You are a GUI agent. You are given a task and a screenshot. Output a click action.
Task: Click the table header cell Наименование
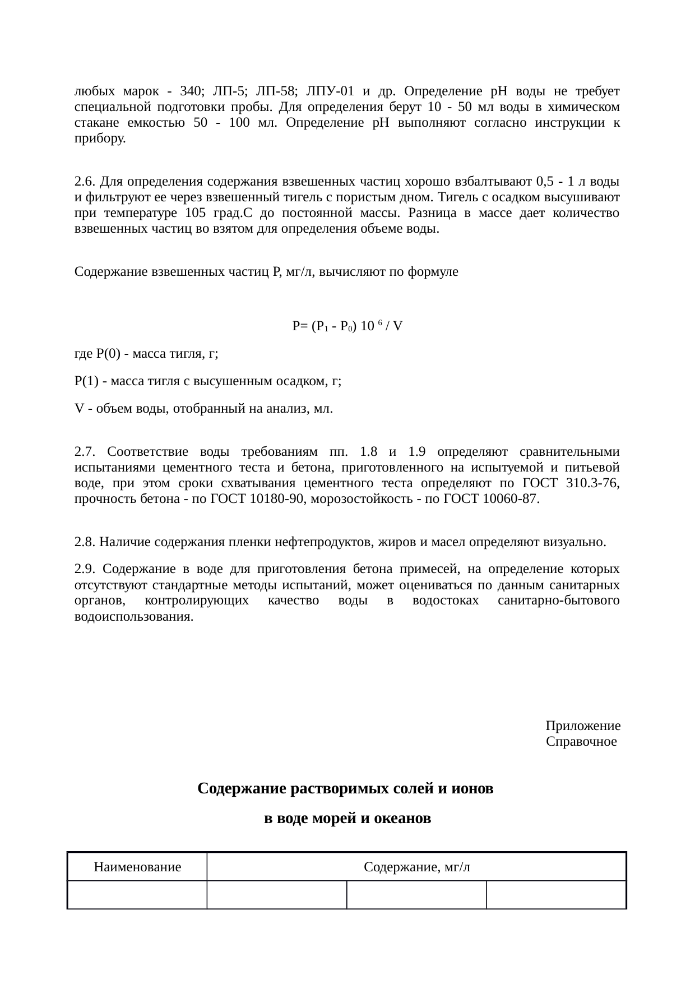point(137,867)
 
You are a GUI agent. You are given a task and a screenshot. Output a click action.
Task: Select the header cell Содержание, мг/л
point(416,867)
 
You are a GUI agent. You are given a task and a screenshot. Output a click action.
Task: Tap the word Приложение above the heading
point(583,726)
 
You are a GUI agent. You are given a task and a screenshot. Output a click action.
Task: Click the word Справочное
point(581,742)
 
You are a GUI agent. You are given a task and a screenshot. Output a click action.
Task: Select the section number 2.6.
point(84,182)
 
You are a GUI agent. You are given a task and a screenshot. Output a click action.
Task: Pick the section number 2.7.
point(85,452)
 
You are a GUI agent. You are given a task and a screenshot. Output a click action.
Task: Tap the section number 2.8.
point(84,542)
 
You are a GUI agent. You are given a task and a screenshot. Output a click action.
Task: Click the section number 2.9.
point(84,569)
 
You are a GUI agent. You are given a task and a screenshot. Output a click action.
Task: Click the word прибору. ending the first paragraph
point(100,138)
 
